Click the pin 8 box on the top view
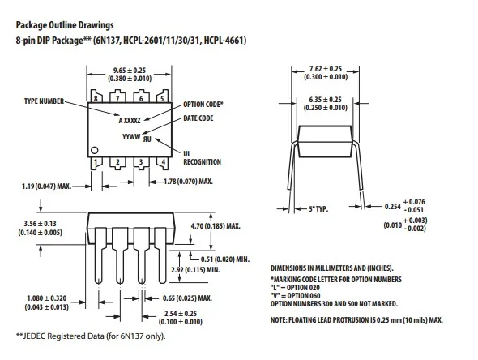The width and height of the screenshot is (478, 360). [x=96, y=99]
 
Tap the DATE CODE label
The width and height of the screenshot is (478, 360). [x=198, y=118]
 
